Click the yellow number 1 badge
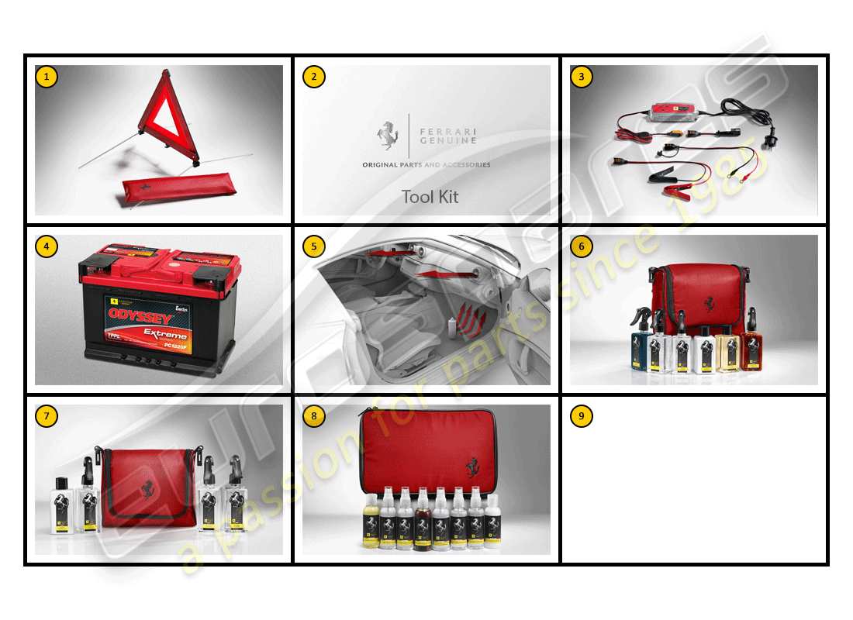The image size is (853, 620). coord(47,77)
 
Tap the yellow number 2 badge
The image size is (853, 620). coord(314,77)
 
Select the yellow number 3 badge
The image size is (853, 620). coord(582,77)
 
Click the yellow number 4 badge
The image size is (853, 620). coord(47,246)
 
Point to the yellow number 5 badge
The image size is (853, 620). coord(314,246)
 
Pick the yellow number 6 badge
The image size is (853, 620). coord(582,246)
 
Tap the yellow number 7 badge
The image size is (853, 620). coord(47,416)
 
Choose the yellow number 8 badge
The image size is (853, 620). coord(314,416)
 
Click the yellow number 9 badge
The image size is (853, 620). coord(582,416)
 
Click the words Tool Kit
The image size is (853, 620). coord(430,197)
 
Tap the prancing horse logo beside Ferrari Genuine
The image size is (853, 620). coord(387,136)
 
